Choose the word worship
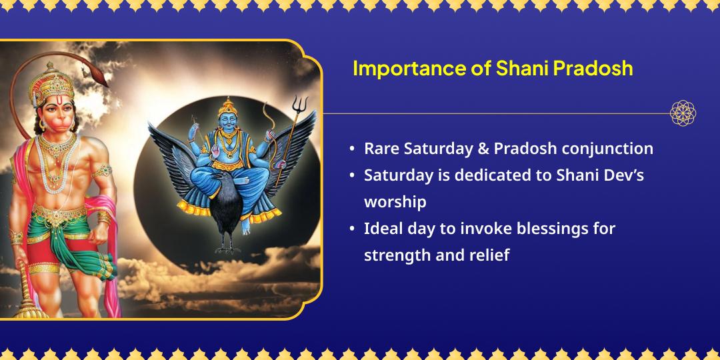395,201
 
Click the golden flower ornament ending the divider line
683,113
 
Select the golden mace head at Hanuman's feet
27,303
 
